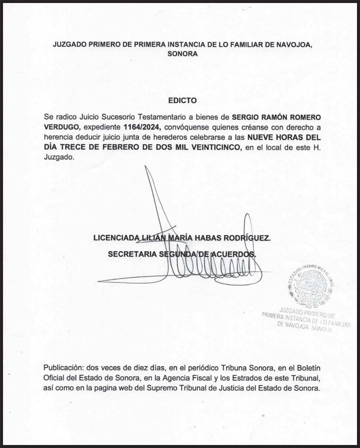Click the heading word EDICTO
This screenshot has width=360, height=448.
coord(182,100)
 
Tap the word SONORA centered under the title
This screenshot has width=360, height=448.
coord(182,54)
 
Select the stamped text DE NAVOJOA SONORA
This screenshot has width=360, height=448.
coord(305,327)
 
